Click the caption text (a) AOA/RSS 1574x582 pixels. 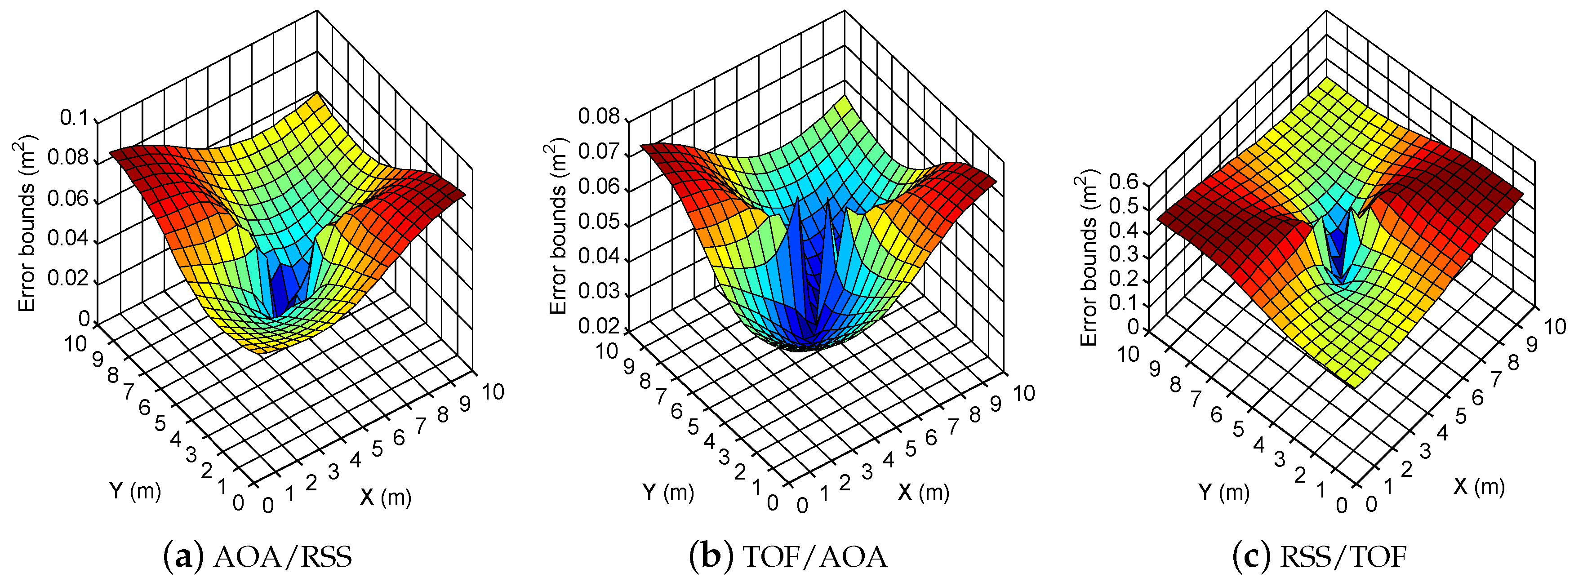tap(258, 556)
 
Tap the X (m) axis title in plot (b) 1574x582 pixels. tap(923, 492)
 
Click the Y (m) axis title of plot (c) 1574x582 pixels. tap(1223, 492)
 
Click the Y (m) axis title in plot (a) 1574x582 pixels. tap(135, 490)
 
